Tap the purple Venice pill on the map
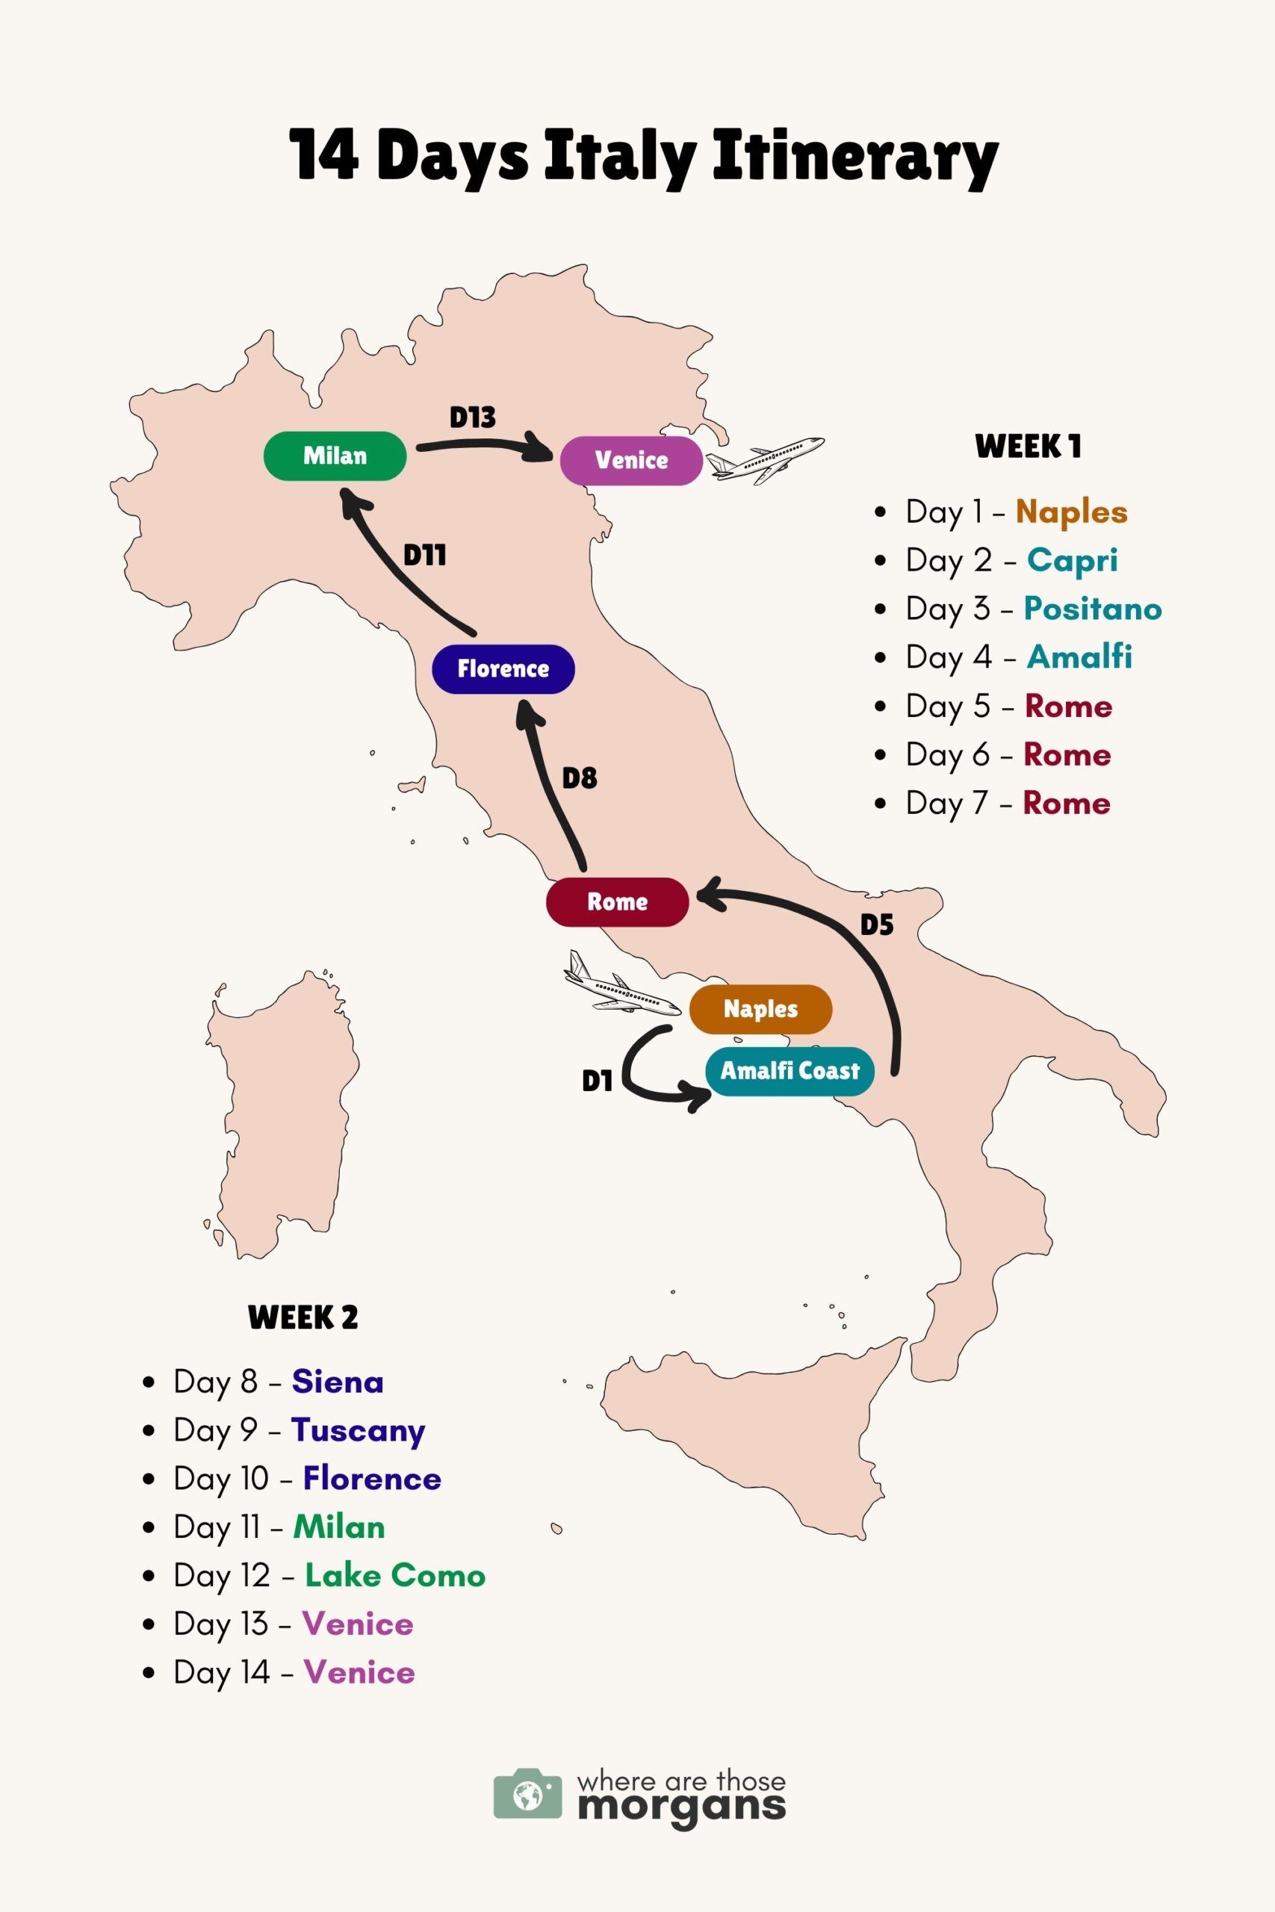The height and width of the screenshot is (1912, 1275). [x=631, y=460]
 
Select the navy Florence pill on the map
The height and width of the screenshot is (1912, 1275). [x=503, y=668]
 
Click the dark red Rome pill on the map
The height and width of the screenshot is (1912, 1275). [x=617, y=901]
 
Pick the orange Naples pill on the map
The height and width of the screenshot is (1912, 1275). [x=760, y=1009]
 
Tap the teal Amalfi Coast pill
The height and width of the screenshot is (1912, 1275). [x=789, y=1070]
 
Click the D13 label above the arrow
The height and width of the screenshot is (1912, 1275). [x=473, y=417]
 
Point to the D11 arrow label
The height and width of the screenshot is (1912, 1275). [x=424, y=555]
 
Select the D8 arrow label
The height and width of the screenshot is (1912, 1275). [x=579, y=778]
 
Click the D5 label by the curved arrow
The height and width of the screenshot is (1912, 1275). [x=877, y=925]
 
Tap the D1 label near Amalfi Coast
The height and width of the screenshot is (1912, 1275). [x=597, y=1081]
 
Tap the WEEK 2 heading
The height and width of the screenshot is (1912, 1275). [x=303, y=1316]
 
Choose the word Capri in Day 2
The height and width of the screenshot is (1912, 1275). [x=1072, y=560]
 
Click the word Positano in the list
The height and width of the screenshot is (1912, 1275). [x=1092, y=609]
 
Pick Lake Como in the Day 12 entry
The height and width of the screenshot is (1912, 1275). [x=395, y=1575]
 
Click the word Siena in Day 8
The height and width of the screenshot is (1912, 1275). [x=338, y=1381]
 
